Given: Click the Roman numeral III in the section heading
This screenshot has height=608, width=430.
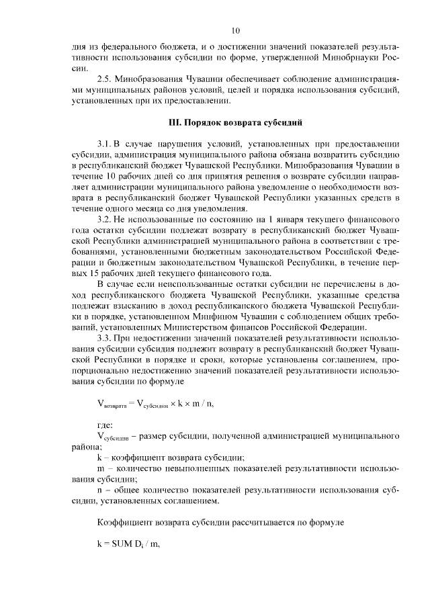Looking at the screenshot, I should [173, 123].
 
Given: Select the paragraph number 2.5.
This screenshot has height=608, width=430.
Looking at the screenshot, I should [104, 79].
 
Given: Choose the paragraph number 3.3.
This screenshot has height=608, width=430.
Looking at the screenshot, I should [104, 338].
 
